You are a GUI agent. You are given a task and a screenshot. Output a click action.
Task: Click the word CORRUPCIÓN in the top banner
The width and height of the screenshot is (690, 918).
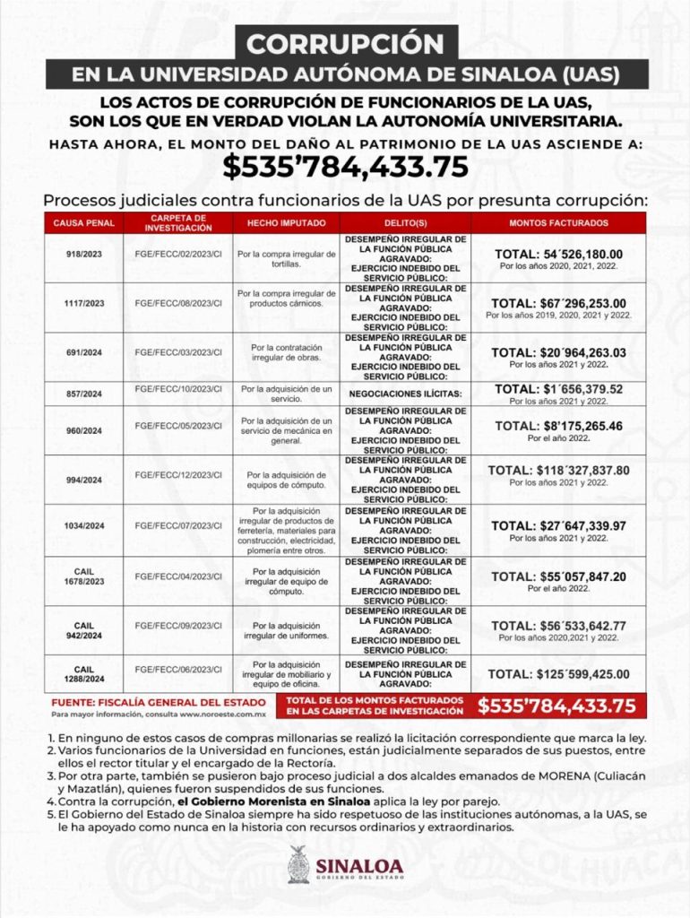coord(345,43)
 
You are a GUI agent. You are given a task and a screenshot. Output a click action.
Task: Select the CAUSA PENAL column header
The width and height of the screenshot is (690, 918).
coord(83,222)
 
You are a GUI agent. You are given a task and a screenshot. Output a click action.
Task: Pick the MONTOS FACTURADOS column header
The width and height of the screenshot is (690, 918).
coord(558,222)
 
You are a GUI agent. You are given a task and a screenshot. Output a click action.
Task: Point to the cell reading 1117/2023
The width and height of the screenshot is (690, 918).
coord(83,304)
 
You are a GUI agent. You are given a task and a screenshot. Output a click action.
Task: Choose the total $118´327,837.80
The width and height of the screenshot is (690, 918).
coord(558,470)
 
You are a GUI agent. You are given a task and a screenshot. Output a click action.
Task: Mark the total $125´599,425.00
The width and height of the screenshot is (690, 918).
coord(558,674)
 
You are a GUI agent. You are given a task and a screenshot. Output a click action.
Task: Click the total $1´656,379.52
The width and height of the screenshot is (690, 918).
coord(558,389)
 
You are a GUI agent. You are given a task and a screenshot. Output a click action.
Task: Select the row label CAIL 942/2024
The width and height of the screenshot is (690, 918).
coord(83,630)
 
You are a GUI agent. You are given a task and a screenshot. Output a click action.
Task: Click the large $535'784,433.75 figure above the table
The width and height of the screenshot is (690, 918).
coord(345,167)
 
